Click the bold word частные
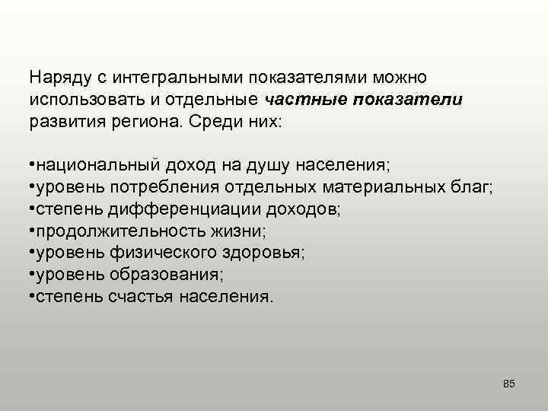[x=299, y=99]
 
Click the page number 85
[x=509, y=383]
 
